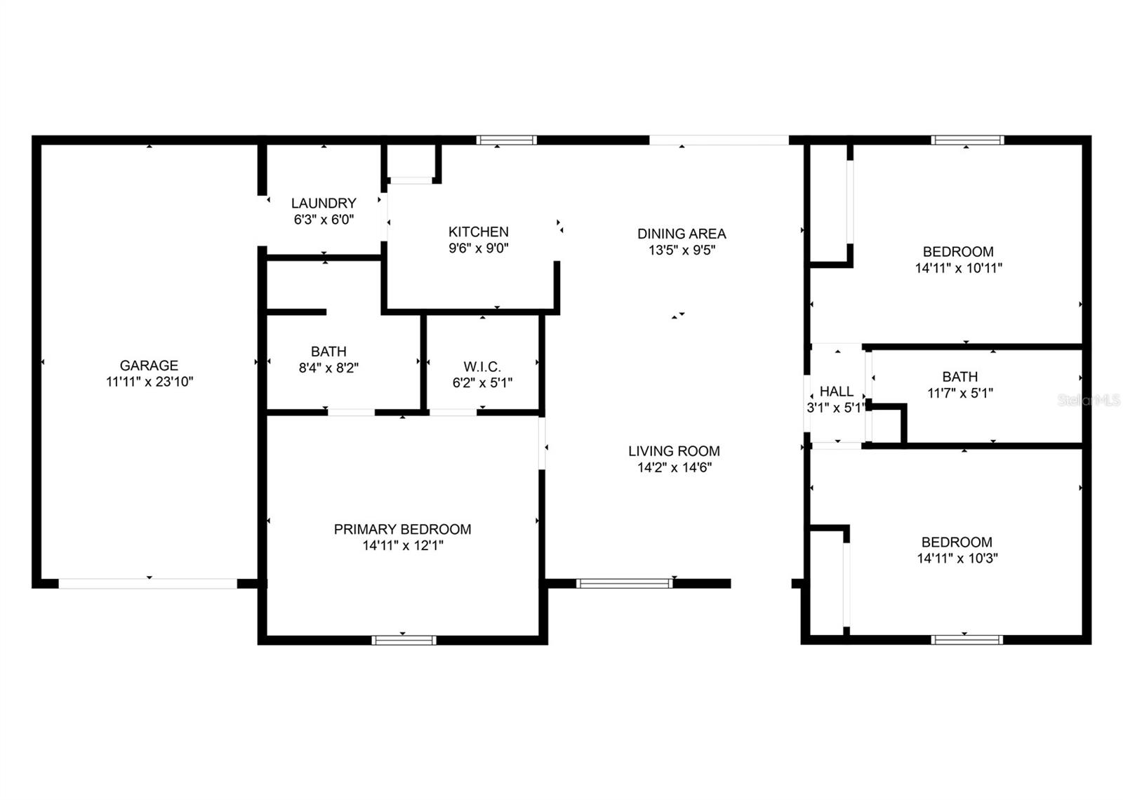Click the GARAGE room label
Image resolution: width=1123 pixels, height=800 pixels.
click(149, 365)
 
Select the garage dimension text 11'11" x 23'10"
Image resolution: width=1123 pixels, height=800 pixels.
click(149, 382)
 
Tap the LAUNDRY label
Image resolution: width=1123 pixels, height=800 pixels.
click(324, 203)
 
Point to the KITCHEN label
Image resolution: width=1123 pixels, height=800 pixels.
click(478, 232)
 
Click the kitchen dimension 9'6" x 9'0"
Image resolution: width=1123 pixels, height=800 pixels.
click(478, 248)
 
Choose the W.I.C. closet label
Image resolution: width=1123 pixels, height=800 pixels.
click(482, 366)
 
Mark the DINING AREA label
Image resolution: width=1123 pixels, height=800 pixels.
click(681, 234)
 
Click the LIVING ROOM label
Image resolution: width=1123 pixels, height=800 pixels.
click(674, 451)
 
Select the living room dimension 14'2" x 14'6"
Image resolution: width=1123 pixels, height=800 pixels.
click(674, 467)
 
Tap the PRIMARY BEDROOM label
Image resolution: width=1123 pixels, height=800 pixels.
click(402, 529)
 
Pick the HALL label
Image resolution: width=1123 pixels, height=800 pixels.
click(836, 392)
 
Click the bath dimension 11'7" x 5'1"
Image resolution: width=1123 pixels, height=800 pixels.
click(959, 393)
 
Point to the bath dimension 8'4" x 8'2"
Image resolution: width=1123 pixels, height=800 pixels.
click(328, 368)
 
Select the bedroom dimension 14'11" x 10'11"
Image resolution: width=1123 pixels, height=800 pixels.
click(958, 268)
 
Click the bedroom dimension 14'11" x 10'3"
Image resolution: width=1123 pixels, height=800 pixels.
click(957, 559)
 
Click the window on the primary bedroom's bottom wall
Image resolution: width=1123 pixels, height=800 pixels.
click(404, 640)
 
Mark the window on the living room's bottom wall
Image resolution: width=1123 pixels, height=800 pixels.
click(624, 583)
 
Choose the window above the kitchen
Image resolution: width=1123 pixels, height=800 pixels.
click(506, 140)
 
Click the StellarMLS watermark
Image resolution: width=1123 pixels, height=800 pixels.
click(1089, 401)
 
